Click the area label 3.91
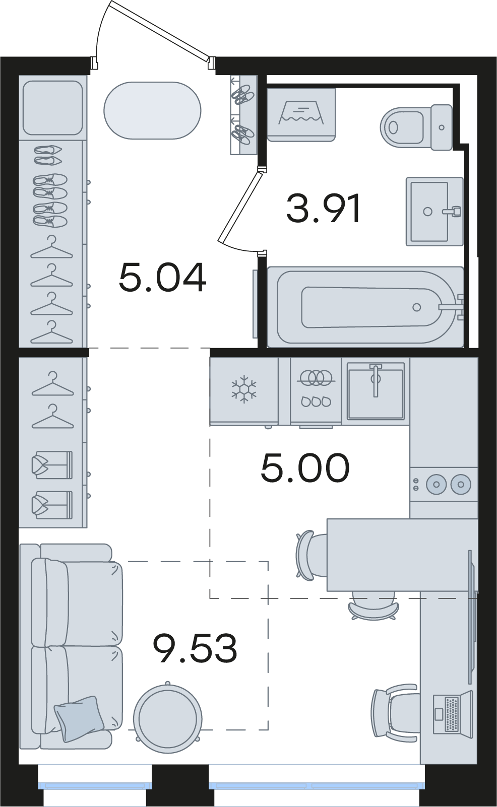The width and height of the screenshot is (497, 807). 323,209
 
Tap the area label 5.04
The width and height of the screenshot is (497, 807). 162,277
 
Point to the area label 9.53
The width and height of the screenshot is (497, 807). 195,648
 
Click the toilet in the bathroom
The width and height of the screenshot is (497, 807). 416,127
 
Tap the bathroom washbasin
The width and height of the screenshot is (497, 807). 434,212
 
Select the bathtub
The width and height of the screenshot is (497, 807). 365,307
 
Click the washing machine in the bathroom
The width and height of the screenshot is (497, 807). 301,114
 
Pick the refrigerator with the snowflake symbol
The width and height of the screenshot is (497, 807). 244,391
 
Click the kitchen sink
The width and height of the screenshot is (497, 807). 375,391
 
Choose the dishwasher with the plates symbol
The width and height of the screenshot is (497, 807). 316,391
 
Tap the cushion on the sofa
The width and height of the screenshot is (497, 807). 79,718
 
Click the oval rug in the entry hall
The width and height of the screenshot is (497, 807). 152,110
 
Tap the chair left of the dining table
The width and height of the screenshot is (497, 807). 311,555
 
